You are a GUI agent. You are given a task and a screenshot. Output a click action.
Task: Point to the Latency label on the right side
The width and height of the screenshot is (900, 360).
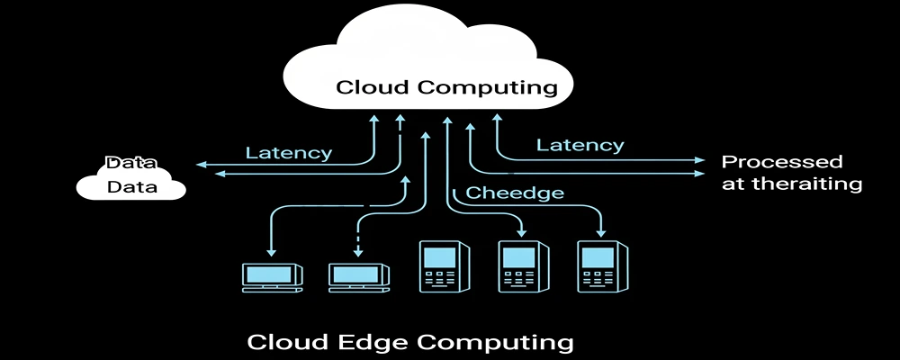pos(580,144)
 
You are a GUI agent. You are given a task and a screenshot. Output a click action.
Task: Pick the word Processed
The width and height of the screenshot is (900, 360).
pos(782,162)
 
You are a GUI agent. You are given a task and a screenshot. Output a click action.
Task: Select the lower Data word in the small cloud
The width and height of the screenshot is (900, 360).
pos(131,187)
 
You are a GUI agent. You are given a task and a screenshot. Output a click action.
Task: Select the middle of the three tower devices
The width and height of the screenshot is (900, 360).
pos(518,266)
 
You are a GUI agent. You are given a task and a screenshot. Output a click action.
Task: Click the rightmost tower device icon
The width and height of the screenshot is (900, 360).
pos(599,266)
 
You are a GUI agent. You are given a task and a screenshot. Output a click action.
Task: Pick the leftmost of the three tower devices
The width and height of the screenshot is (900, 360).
pos(440,266)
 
